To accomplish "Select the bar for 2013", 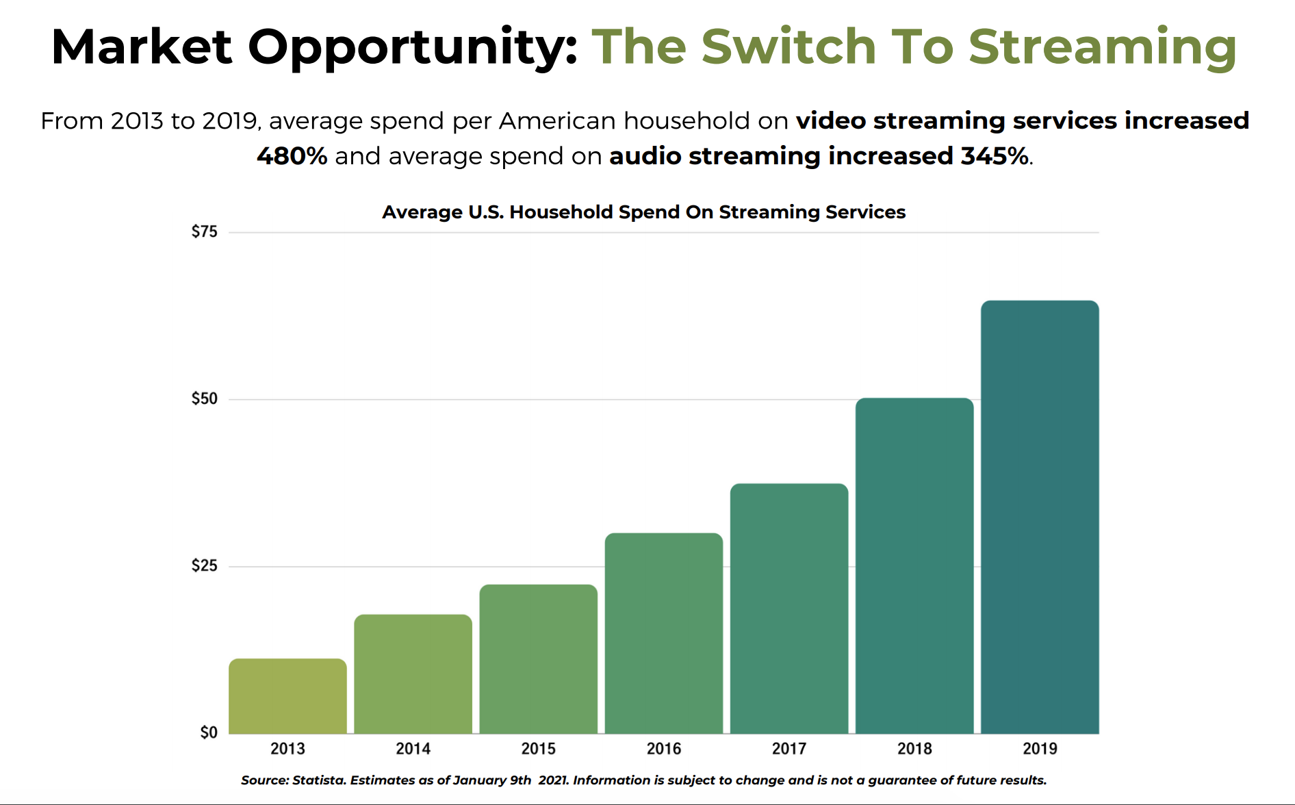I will coord(287,695).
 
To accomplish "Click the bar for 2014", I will coord(413,674).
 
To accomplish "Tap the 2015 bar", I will coord(538,659).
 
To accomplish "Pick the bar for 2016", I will coord(663,632).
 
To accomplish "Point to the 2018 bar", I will coord(914,565).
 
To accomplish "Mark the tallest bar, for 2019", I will coord(1039,516).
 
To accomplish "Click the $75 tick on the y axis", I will coord(204,232).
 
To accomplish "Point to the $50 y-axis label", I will coord(204,399).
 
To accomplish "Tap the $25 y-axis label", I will coord(204,566).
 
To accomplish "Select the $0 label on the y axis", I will coord(209,733).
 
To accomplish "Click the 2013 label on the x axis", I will coord(287,749).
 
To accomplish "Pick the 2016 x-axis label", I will coord(663,749).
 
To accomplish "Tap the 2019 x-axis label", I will coord(1039,749).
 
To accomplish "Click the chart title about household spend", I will coord(643,212).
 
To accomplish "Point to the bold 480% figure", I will coord(292,156).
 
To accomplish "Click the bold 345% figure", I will coord(994,156).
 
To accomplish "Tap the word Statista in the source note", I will coord(319,780).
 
